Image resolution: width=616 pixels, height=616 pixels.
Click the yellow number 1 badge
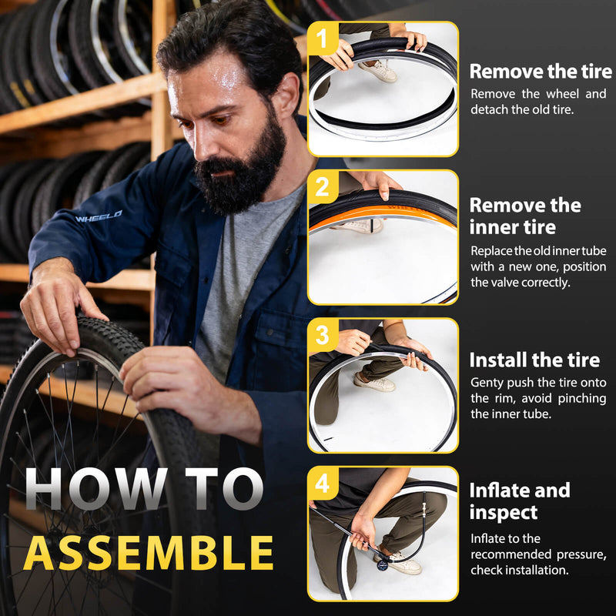pos(323,38)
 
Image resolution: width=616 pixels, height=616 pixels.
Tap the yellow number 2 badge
pos(323,187)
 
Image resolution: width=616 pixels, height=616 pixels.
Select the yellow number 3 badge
pos(323,335)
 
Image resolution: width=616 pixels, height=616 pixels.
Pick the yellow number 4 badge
pos(323,484)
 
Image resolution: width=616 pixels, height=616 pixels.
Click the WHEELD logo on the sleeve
pos(99,216)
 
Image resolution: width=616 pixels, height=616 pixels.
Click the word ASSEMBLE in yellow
pos(149,553)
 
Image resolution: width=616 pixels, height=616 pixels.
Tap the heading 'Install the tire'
pos(534,360)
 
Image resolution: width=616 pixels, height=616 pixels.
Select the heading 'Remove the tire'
pos(541,72)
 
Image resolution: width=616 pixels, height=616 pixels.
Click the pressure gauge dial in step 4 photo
pos(382,565)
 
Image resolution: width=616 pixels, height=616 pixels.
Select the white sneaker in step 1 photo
pos(377,71)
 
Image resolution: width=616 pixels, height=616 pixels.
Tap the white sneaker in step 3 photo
pos(374,382)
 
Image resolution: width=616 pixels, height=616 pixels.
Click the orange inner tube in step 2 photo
pos(382,216)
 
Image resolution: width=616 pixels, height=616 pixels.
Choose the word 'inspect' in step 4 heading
pos(504,513)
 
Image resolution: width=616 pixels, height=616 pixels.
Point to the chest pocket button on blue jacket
pos(270,333)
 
